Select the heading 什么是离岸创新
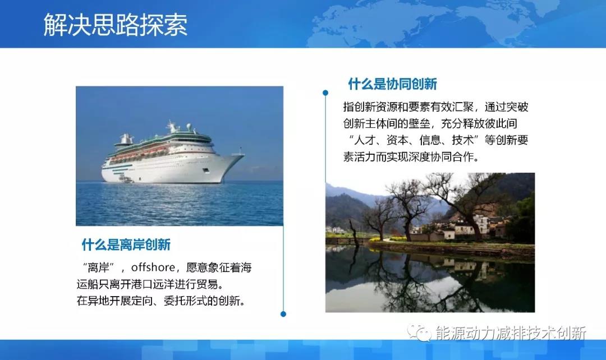[126, 244]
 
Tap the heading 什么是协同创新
[392, 84]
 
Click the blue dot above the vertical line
[325, 93]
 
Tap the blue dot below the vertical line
[283, 314]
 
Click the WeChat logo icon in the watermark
[419, 333]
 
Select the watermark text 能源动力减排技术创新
[511, 333]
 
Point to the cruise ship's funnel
[127, 138]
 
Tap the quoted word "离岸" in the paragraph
[95, 267]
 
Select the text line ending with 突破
[435, 107]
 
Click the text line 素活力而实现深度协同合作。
[411, 157]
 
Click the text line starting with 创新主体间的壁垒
[435, 123]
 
